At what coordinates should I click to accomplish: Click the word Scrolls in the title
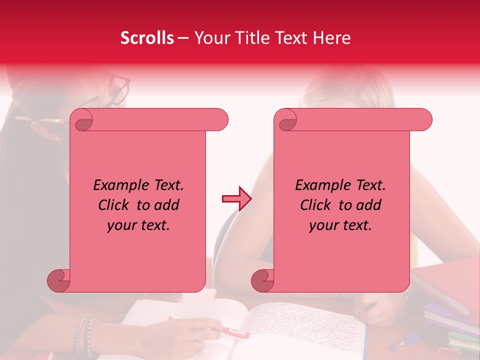(147, 38)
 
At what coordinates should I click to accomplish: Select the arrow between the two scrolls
(236, 199)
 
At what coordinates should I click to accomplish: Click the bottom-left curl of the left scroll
(59, 280)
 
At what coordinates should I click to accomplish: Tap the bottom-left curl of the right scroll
(262, 280)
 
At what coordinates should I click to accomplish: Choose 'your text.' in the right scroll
(340, 225)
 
